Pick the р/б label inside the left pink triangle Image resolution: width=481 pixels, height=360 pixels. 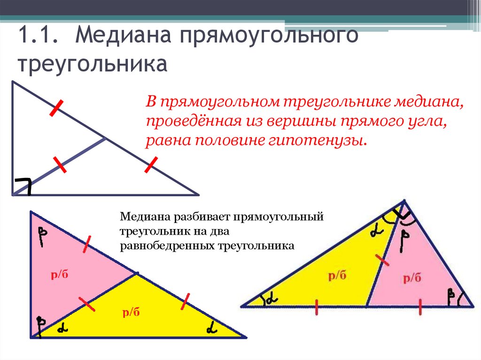[x=60, y=275]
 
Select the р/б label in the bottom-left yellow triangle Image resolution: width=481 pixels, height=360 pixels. [x=132, y=312]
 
